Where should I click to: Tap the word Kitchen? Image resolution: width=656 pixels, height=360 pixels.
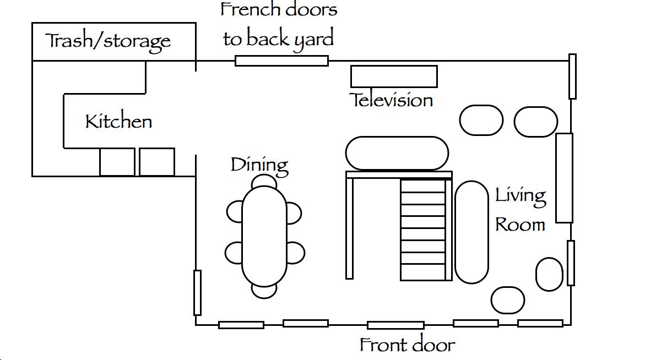coord(118,121)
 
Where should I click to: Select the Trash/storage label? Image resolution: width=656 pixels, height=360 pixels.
coord(108,41)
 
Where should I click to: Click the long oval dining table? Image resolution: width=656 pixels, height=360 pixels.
coord(264,236)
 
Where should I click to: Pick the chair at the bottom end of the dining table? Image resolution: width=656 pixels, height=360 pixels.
coord(264,291)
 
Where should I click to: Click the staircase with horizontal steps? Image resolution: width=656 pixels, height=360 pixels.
coord(423,230)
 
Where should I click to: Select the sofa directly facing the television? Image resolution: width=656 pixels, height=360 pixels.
coord(397,154)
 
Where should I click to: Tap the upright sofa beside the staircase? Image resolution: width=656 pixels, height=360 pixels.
coord(471,232)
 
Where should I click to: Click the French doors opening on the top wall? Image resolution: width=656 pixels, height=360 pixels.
coord(281,61)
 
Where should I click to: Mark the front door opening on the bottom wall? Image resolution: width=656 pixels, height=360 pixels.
coord(395,325)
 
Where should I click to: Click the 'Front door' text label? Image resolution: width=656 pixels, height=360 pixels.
coord(407,345)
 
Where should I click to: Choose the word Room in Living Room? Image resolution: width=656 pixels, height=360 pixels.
coord(520,225)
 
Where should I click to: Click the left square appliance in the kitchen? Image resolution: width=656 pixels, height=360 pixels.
coord(117,162)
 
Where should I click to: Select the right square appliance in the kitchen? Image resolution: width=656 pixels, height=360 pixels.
coord(157,162)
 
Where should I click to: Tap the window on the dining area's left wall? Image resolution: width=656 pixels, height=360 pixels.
coord(198,293)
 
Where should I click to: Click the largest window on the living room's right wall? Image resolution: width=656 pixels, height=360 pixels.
coord(564,178)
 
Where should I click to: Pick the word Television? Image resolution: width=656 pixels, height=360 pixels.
coord(391,100)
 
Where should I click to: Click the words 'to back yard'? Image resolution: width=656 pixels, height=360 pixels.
coord(278,39)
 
